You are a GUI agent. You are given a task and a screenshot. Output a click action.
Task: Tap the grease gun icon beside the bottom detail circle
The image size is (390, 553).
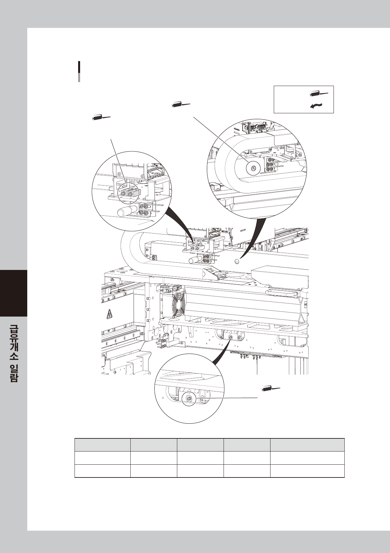[271, 389]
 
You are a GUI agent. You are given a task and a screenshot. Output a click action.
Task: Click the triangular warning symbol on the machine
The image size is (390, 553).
[109, 315]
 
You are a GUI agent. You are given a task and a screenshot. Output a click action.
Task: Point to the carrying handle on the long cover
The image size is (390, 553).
[282, 292]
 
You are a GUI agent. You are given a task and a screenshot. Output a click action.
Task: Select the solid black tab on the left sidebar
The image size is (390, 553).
[13, 293]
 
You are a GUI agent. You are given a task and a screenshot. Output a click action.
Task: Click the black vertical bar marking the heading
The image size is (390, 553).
[79, 67]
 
